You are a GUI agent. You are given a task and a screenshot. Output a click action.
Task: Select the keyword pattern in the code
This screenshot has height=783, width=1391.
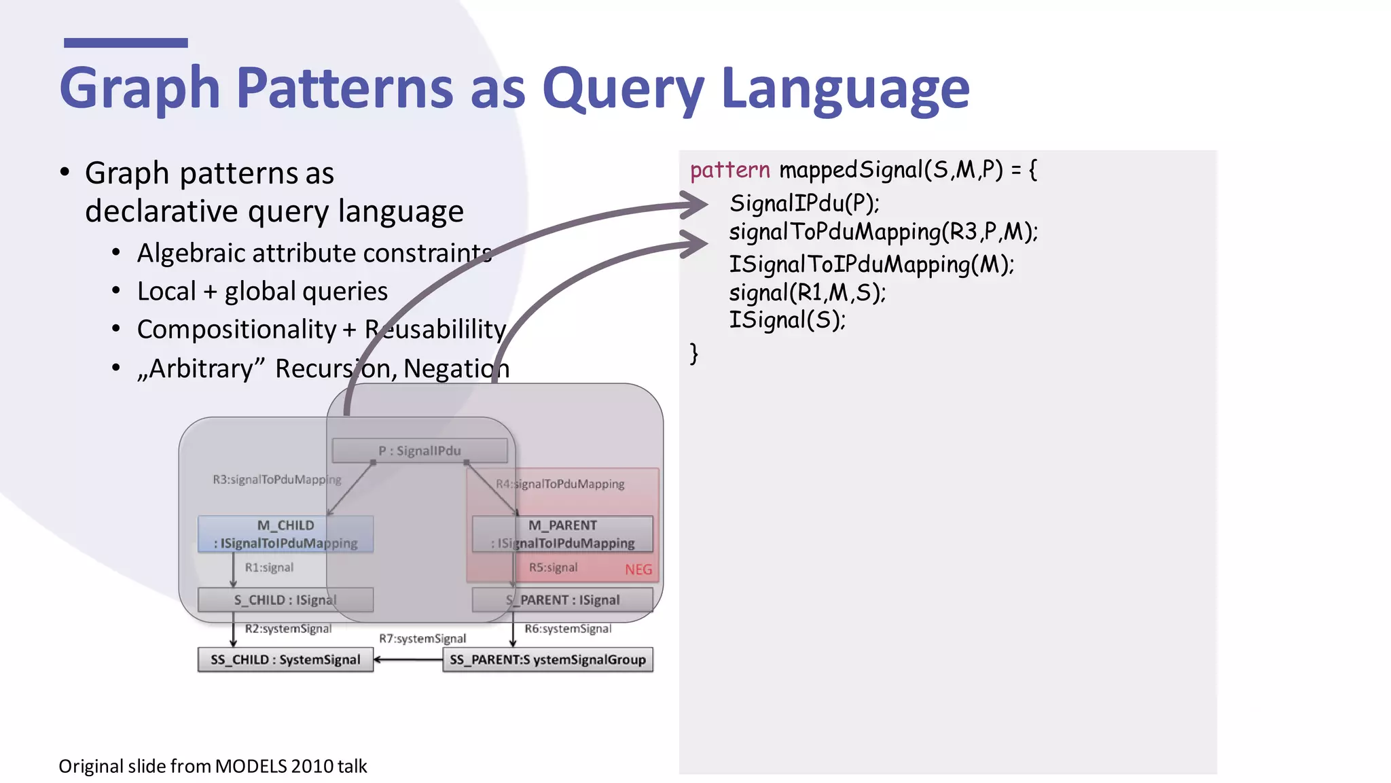tap(729, 169)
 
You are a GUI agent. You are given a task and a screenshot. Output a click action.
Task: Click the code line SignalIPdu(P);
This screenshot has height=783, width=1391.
tap(804, 203)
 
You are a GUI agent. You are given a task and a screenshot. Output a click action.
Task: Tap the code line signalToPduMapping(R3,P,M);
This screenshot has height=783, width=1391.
tap(883, 232)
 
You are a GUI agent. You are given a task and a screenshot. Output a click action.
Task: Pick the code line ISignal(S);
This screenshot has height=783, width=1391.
tap(787, 319)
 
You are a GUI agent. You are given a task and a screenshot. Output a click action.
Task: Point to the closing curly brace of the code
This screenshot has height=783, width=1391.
tap(693, 353)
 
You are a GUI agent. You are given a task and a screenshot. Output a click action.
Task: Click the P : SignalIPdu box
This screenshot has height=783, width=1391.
tap(419, 451)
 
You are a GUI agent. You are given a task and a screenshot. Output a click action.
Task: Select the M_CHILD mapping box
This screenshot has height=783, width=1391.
tap(285, 534)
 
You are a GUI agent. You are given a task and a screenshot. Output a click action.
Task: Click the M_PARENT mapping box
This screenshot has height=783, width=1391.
tap(562, 534)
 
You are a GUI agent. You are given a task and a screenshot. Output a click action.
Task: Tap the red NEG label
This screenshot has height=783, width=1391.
tap(638, 570)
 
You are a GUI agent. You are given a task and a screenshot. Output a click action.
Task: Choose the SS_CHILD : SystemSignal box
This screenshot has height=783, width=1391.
tap(285, 660)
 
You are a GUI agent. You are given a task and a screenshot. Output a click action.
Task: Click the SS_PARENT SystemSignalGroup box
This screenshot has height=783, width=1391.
tap(547, 660)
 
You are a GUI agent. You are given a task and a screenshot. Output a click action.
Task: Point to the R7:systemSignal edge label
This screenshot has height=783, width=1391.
tap(422, 639)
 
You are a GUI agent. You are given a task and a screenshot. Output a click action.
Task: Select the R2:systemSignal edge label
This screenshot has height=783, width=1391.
tap(288, 629)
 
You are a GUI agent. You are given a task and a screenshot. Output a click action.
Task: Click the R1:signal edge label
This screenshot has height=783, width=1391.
tap(269, 568)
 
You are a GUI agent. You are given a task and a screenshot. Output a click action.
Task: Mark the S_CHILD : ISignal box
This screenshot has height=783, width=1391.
tap(285, 600)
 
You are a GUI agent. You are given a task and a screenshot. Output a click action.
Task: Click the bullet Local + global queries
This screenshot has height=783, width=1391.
tap(262, 292)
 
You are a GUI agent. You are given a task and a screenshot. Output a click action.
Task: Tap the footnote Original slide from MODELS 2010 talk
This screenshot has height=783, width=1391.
tap(213, 767)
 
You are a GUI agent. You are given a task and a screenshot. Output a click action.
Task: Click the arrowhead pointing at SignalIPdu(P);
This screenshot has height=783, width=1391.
tap(695, 204)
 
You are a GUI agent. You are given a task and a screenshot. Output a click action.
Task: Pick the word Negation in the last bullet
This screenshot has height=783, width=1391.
tap(456, 369)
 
